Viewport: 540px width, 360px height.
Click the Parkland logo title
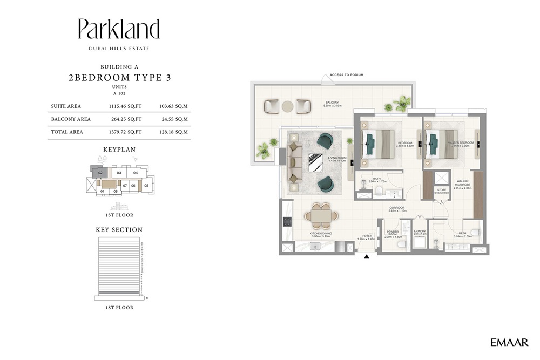pyautogui.click(x=119, y=30)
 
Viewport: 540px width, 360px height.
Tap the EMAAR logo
pyautogui.click(x=509, y=342)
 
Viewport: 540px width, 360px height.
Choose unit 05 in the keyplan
pyautogui.click(x=146, y=185)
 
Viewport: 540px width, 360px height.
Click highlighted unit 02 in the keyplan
pyautogui.click(x=100, y=173)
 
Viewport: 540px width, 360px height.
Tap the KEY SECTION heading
pyautogui.click(x=119, y=229)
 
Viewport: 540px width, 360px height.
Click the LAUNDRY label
pyautogui.click(x=420, y=233)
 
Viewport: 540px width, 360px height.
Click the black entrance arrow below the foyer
pyautogui.click(x=367, y=256)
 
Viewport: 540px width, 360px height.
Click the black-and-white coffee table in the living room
pyautogui.click(x=315, y=162)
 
